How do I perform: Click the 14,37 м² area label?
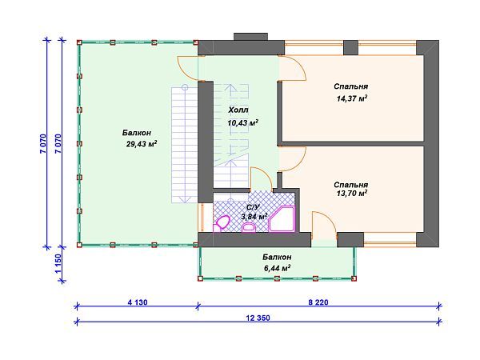[x=352, y=98]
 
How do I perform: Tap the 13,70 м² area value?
[x=352, y=194]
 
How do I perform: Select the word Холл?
[x=238, y=110]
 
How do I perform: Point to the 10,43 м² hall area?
[x=242, y=122]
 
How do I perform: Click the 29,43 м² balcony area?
[x=142, y=144]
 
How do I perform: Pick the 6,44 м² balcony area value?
[x=277, y=268]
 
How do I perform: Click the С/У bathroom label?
[x=253, y=207]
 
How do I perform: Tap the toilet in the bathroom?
[x=222, y=223]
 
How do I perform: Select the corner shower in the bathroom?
[x=282, y=219]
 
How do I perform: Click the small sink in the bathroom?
[x=249, y=227]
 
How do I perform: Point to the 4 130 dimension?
[x=138, y=302]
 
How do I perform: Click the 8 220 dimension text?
[x=318, y=302]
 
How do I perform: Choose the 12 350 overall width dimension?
[x=258, y=318]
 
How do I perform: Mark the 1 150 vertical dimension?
[x=58, y=264]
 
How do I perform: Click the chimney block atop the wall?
[x=250, y=37]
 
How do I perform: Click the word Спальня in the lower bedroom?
[x=351, y=185]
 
